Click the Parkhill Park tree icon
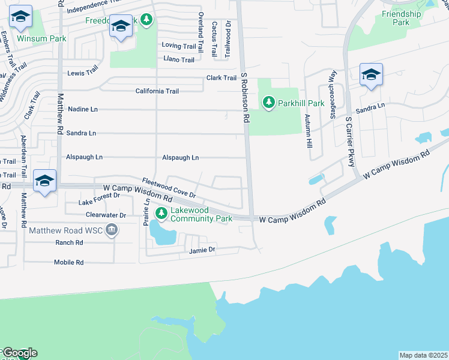(x=269, y=103)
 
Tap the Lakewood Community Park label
(x=201, y=214)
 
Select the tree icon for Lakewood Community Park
(x=161, y=213)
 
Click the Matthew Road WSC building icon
(x=112, y=230)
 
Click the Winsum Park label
(x=41, y=38)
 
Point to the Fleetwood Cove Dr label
(x=169, y=188)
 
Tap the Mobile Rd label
(x=68, y=263)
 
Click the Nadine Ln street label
(x=83, y=109)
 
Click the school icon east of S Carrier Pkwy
(x=371, y=76)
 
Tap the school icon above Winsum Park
(x=20, y=19)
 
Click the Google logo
(x=19, y=353)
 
